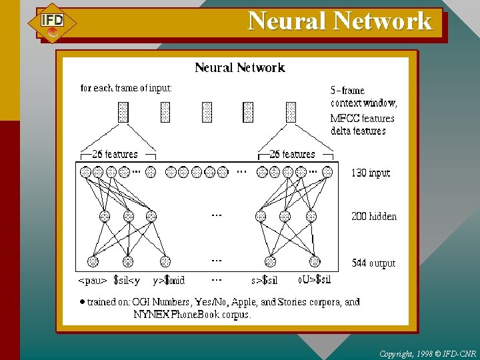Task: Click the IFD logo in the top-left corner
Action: coord(52,23)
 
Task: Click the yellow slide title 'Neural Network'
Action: coord(340,21)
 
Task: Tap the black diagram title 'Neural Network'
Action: coord(239,67)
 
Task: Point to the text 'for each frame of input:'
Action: coord(126,88)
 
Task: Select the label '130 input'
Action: coord(371,173)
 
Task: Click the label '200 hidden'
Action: coord(374,217)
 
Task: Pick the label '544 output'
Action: coord(374,263)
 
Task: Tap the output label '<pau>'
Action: coord(93,281)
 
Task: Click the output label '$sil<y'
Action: coord(127,281)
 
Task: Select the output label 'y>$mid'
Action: coord(168,281)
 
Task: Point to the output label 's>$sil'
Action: coord(264,281)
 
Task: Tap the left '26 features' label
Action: coord(115,155)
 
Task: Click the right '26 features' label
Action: coord(292,155)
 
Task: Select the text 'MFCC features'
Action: coord(363,118)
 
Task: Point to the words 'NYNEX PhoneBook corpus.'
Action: coord(192,315)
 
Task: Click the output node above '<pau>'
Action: coord(93,262)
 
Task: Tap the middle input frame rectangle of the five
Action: coord(207,112)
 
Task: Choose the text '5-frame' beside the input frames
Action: coord(348,90)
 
